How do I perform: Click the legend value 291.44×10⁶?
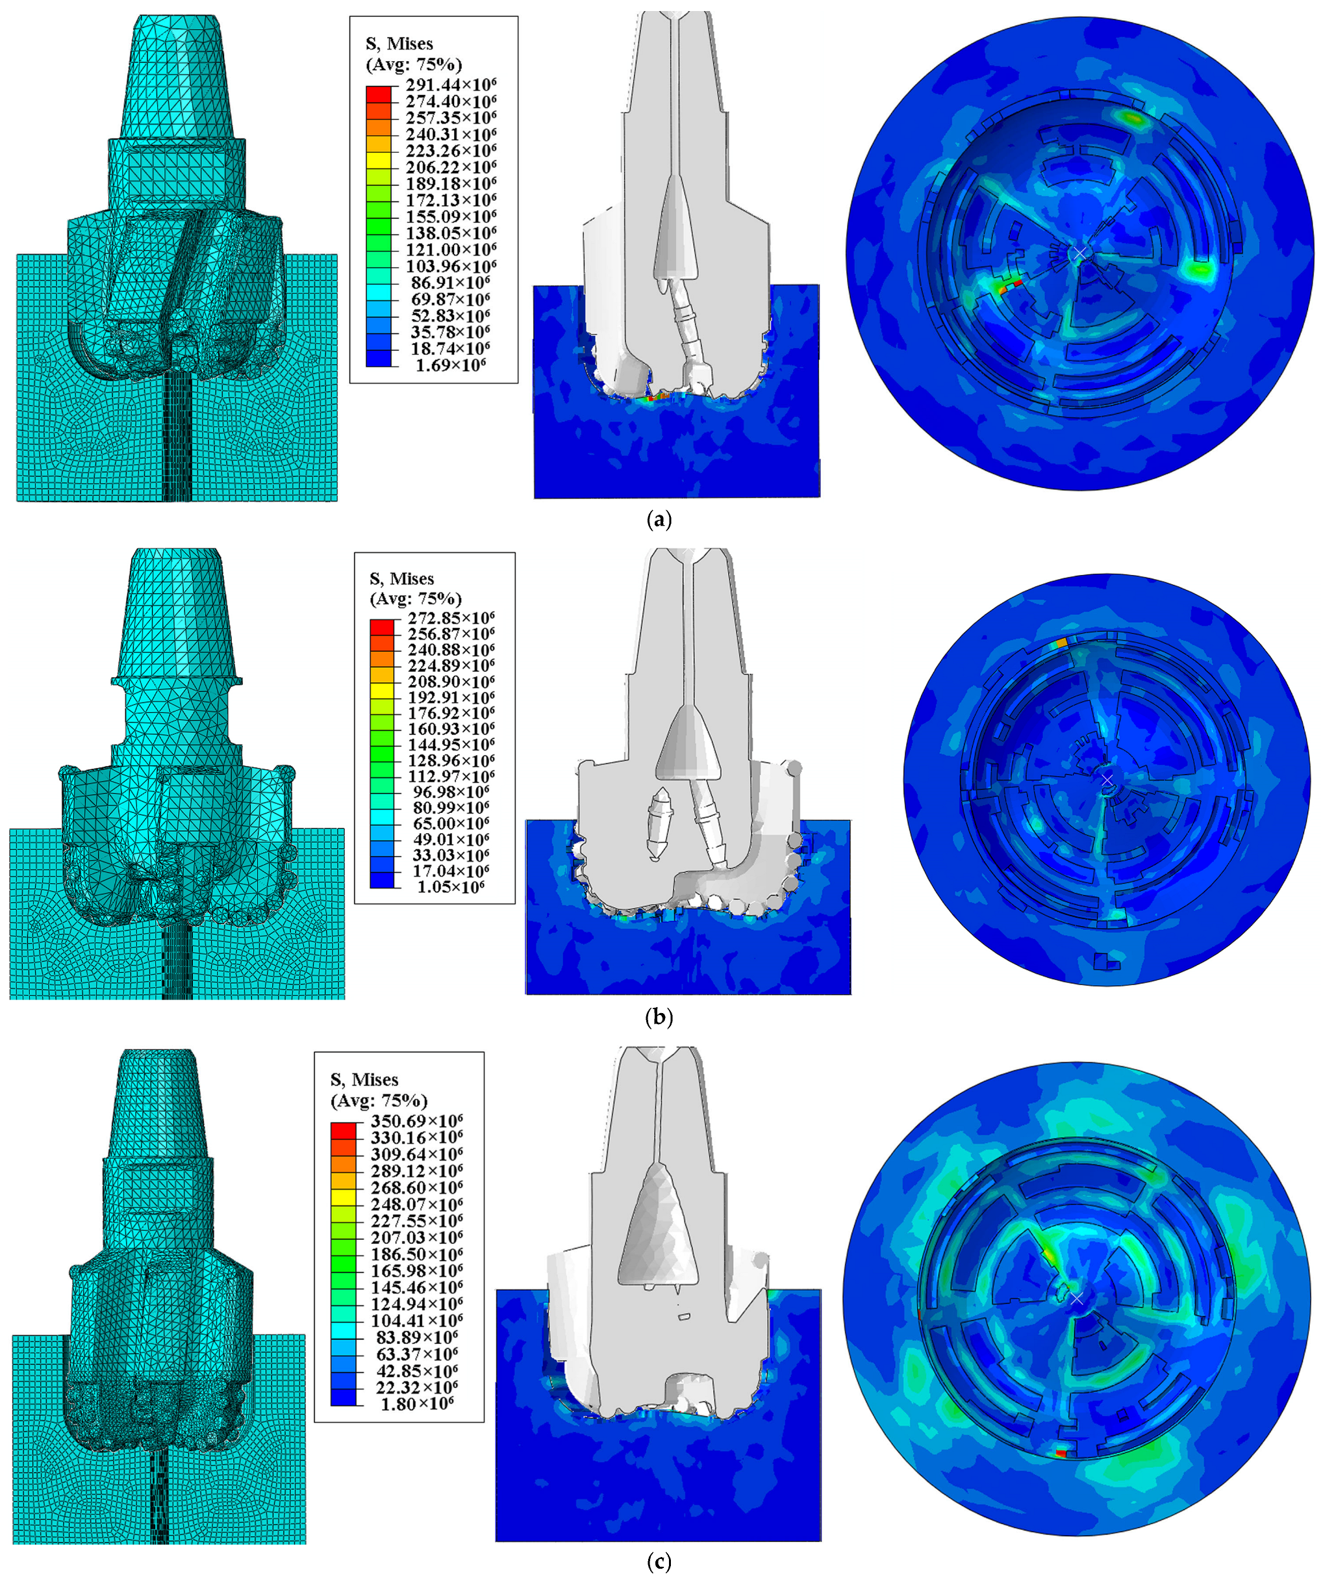pyautogui.click(x=451, y=84)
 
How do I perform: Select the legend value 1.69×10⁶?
pyautogui.click(x=451, y=366)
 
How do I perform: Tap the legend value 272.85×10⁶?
pyautogui.click(x=451, y=617)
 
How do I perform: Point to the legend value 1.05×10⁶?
pyautogui.click(x=451, y=887)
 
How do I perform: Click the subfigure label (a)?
pyautogui.click(x=659, y=519)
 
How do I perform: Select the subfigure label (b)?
pyautogui.click(x=659, y=1018)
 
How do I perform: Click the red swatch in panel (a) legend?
pyautogui.click(x=379, y=94)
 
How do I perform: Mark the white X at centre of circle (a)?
pyautogui.click(x=1079, y=253)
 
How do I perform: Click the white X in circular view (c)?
pyautogui.click(x=1077, y=1299)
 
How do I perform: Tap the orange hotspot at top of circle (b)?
pyautogui.click(x=1061, y=643)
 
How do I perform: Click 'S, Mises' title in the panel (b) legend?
pyautogui.click(x=401, y=579)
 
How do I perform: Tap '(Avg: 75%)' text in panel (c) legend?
pyautogui.click(x=379, y=1101)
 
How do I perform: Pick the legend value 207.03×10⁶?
pyautogui.click(x=416, y=1237)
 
